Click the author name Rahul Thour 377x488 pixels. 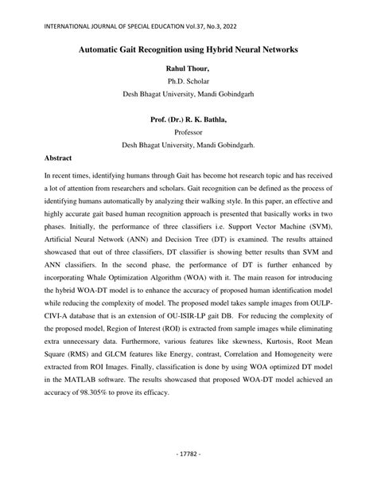pos(188,68)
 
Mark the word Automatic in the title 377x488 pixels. pos(103,49)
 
